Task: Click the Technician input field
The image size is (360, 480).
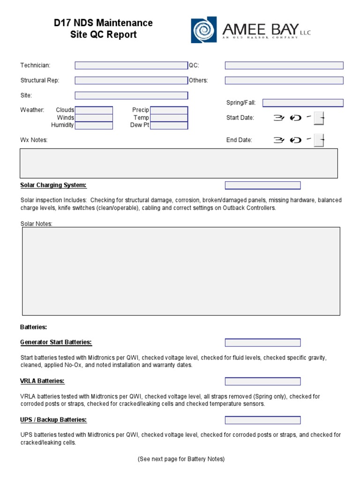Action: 131,66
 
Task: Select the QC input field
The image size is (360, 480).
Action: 284,66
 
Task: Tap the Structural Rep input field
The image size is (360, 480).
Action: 131,81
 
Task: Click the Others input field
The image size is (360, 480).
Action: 284,81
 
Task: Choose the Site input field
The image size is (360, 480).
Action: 131,96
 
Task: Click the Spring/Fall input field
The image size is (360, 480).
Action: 303,103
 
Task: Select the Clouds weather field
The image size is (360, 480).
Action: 94,110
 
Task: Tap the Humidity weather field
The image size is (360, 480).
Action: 94,125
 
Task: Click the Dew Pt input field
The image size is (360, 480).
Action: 169,125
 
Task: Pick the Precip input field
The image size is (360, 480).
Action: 169,110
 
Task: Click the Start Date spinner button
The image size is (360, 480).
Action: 319,118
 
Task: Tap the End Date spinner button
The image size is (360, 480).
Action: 319,140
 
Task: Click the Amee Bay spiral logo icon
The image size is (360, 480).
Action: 203,30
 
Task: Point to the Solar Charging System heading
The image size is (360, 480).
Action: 53,185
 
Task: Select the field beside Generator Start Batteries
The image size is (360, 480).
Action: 262,343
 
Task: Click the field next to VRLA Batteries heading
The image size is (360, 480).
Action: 262,381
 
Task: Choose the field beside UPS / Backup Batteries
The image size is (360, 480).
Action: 262,420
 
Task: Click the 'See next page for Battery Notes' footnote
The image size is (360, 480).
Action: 181,459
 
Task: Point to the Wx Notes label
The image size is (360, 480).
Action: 34,140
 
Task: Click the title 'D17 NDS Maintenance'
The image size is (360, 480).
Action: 103,23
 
